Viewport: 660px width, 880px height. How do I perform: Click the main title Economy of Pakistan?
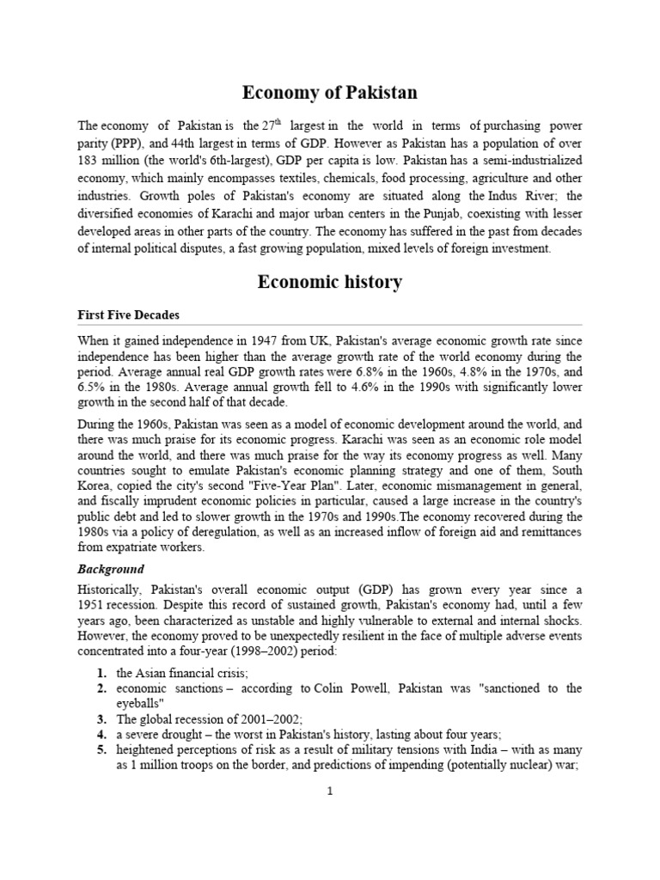click(x=329, y=92)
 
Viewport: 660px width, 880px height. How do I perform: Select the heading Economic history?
click(x=329, y=282)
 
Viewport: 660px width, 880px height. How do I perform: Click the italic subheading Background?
click(x=111, y=569)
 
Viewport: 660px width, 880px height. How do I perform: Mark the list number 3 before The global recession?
click(x=101, y=718)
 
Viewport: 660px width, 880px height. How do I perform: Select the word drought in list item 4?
click(x=177, y=735)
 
